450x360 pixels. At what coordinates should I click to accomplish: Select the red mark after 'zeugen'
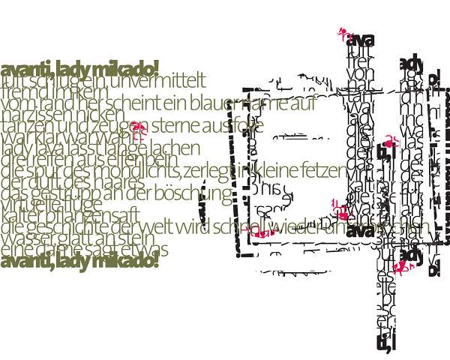[x=136, y=127]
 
